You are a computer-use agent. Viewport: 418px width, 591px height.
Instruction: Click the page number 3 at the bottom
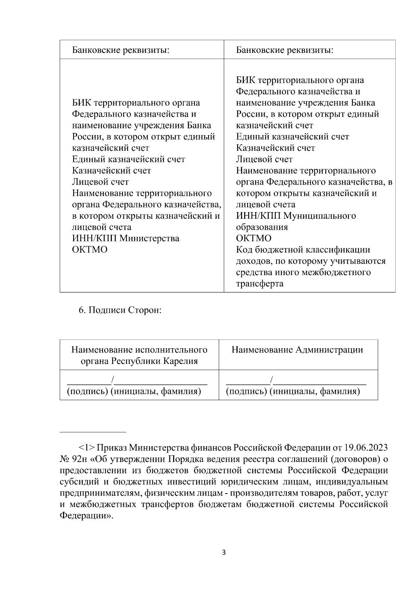pyautogui.click(x=224, y=553)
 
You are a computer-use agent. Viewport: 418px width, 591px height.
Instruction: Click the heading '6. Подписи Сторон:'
pyautogui.click(x=120, y=310)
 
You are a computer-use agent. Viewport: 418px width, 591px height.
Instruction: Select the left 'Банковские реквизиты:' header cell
pyautogui.click(x=121, y=50)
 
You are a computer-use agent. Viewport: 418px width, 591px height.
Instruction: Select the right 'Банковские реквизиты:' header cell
pyautogui.click(x=285, y=50)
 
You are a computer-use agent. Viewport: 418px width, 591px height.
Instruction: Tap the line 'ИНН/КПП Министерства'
pyautogui.click(x=125, y=239)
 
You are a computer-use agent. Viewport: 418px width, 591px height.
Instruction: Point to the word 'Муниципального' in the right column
pyautogui.click(x=319, y=216)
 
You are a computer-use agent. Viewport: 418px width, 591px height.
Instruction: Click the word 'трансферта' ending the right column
pyautogui.click(x=260, y=283)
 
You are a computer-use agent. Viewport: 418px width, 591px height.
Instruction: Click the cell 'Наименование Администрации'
pyautogui.click(x=297, y=350)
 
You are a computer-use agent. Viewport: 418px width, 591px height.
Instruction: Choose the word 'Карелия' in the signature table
pyautogui.click(x=181, y=361)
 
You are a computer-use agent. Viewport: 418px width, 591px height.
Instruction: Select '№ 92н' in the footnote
pyautogui.click(x=71, y=459)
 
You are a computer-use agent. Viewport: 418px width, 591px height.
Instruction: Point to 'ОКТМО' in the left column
pyautogui.click(x=90, y=250)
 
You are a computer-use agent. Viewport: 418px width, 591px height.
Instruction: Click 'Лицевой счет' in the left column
pyautogui.click(x=100, y=182)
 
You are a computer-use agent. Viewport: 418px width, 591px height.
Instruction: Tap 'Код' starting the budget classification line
pyautogui.click(x=244, y=250)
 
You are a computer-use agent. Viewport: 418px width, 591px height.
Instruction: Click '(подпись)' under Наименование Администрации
pyautogui.click(x=246, y=391)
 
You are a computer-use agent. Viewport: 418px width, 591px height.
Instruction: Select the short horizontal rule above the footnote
pyautogui.click(x=93, y=432)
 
